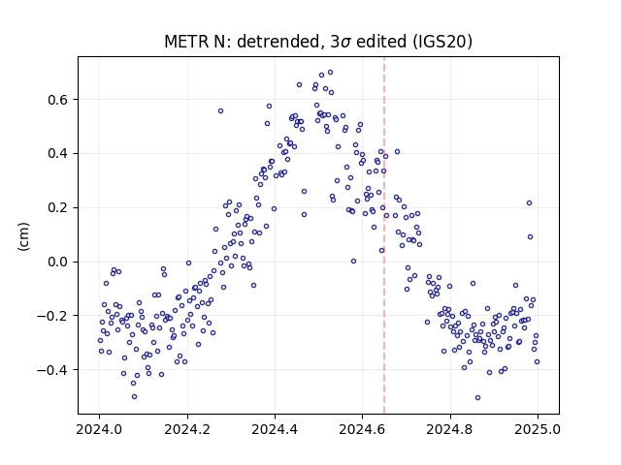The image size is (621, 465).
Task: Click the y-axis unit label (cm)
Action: pyautogui.click(x=23, y=236)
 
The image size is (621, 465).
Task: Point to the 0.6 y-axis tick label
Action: pyautogui.click(x=57, y=100)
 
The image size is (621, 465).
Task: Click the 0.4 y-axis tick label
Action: pyautogui.click(x=57, y=154)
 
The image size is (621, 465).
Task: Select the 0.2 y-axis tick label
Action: pyautogui.click(x=57, y=208)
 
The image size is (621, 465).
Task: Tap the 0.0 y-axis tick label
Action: pyautogui.click(x=57, y=263)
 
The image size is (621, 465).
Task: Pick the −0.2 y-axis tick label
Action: pyautogui.click(x=52, y=316)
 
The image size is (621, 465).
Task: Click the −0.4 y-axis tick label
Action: pyautogui.click(x=52, y=370)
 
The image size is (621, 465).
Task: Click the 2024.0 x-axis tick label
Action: pyautogui.click(x=99, y=429)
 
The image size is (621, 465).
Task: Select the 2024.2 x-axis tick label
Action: pyautogui.click(x=187, y=429)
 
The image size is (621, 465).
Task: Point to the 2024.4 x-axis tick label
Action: pyautogui.click(x=275, y=429)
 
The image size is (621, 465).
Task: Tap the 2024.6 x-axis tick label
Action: pyautogui.click(x=362, y=429)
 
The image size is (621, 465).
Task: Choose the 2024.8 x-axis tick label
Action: pyautogui.click(x=449, y=429)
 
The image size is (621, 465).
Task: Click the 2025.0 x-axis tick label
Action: pyautogui.click(x=538, y=429)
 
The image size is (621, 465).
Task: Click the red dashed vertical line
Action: pyautogui.click(x=384, y=235)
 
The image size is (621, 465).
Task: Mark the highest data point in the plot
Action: pyautogui.click(x=330, y=73)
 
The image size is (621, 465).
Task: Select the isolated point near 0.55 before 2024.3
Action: pyautogui.click(x=220, y=111)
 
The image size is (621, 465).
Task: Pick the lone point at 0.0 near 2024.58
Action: pyautogui.click(x=353, y=261)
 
